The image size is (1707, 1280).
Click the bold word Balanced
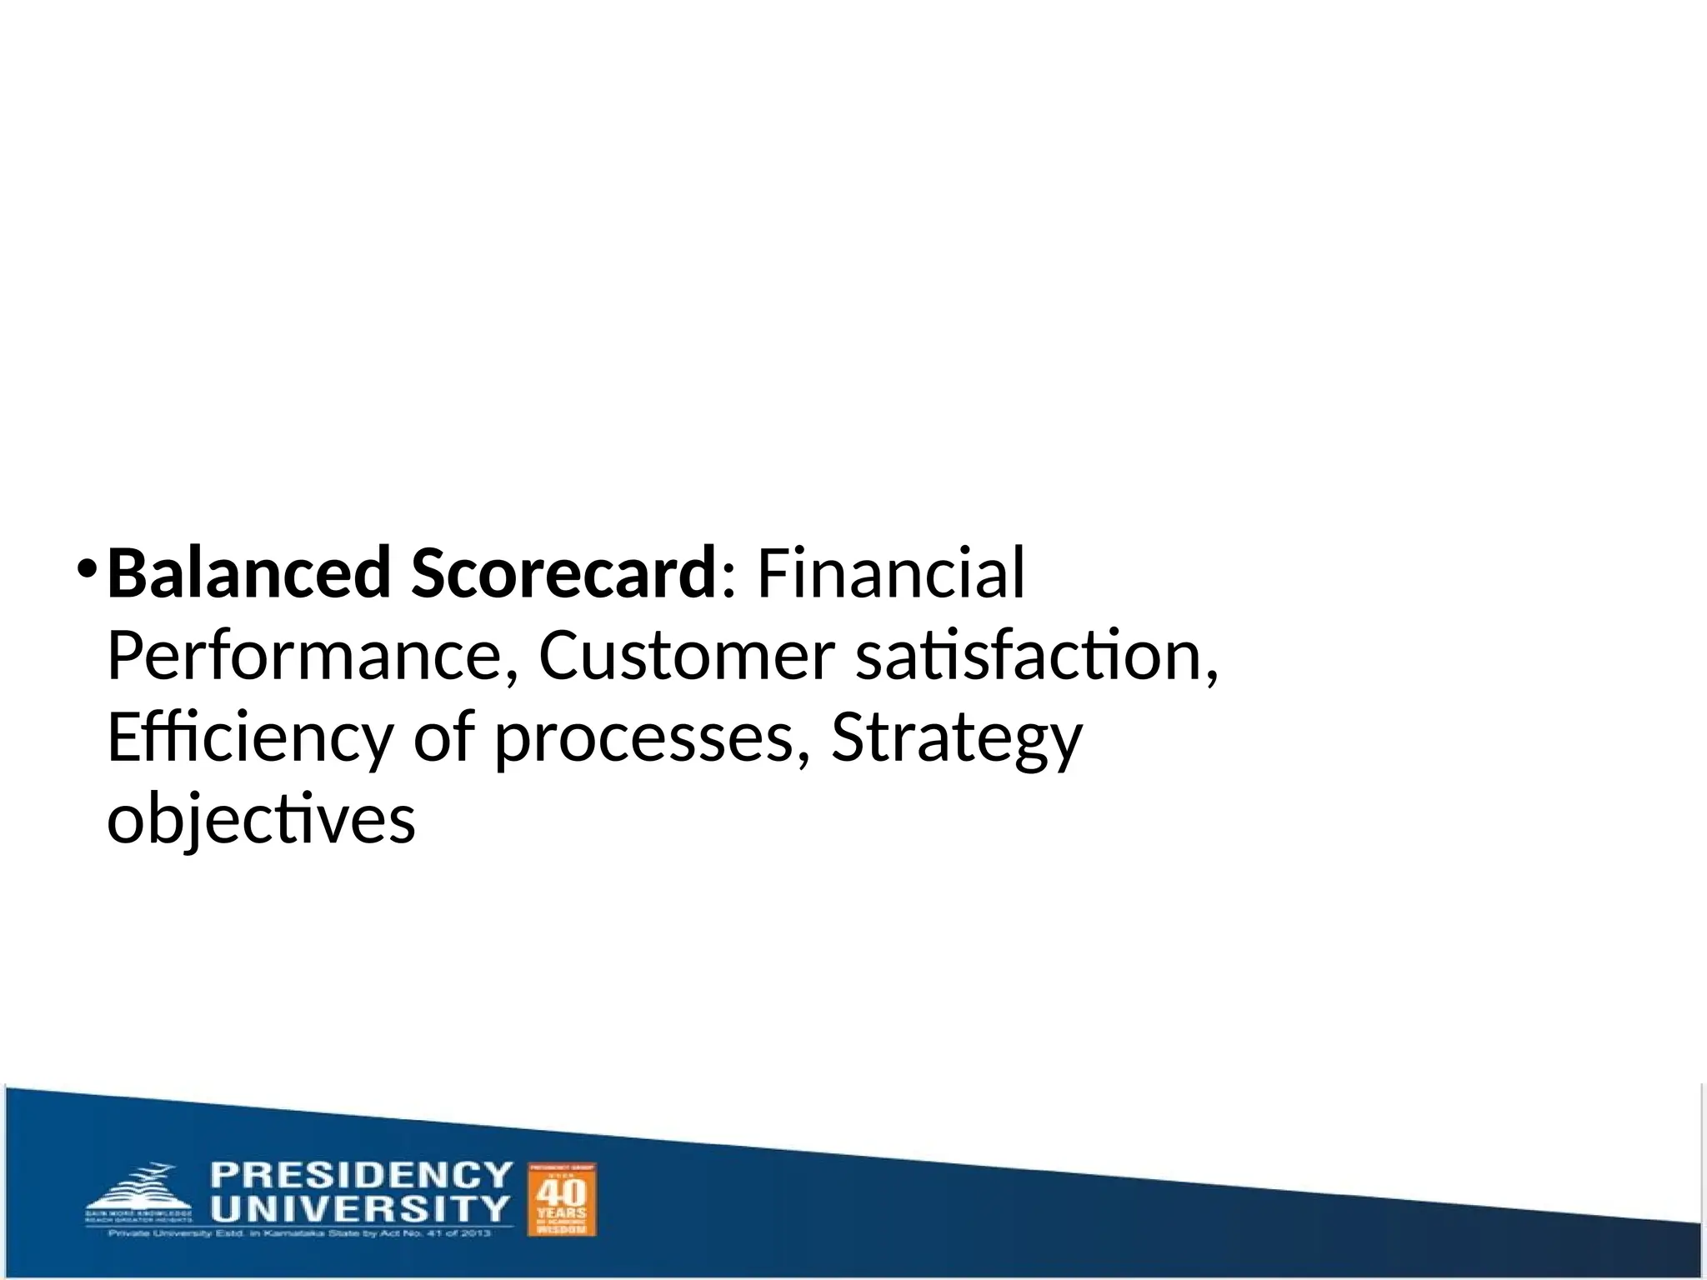pyautogui.click(x=248, y=573)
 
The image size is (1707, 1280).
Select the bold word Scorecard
pyautogui.click(x=563, y=573)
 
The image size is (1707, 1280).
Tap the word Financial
pyautogui.click(x=890, y=573)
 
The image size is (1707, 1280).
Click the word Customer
pyautogui.click(x=686, y=655)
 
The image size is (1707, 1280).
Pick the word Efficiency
pyautogui.click(x=249, y=738)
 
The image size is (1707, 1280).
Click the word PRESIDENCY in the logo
pyautogui.click(x=361, y=1176)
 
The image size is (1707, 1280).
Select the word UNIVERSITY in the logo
pyautogui.click(x=359, y=1208)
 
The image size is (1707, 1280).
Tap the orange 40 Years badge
pyautogui.click(x=562, y=1199)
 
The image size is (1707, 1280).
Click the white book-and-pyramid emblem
pyautogui.click(x=138, y=1192)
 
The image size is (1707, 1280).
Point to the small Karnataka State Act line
pyautogui.click(x=299, y=1233)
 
